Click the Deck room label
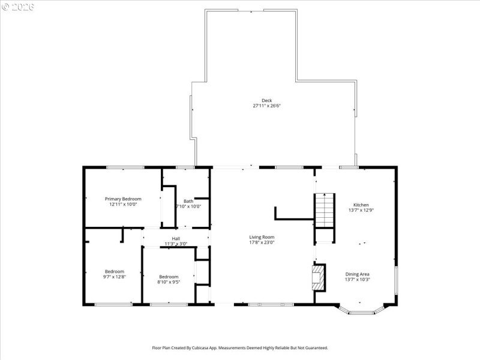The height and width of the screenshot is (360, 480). tap(266, 100)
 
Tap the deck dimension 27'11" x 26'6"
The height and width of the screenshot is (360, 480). tap(266, 106)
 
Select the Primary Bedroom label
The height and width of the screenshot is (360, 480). tap(123, 199)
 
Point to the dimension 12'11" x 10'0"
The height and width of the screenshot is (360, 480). tap(123, 204)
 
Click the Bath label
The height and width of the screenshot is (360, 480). tap(188, 201)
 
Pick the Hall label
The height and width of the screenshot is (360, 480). tap(176, 238)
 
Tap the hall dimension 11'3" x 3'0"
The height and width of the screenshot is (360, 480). tap(176, 244)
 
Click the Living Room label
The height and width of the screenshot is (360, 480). tap(262, 237)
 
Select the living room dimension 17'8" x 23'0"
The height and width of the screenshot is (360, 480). tap(262, 242)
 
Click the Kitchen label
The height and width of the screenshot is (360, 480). tap(361, 205)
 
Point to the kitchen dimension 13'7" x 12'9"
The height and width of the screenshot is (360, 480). tap(361, 210)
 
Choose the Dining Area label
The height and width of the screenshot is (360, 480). tap(357, 274)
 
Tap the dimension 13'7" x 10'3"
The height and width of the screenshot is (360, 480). tap(357, 280)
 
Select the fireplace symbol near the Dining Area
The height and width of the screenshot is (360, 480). tap(317, 278)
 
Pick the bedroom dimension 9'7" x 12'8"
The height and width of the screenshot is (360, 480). tap(114, 277)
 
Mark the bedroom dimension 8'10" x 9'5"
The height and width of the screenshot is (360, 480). tap(169, 282)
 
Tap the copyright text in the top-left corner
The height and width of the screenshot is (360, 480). tap(18, 7)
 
